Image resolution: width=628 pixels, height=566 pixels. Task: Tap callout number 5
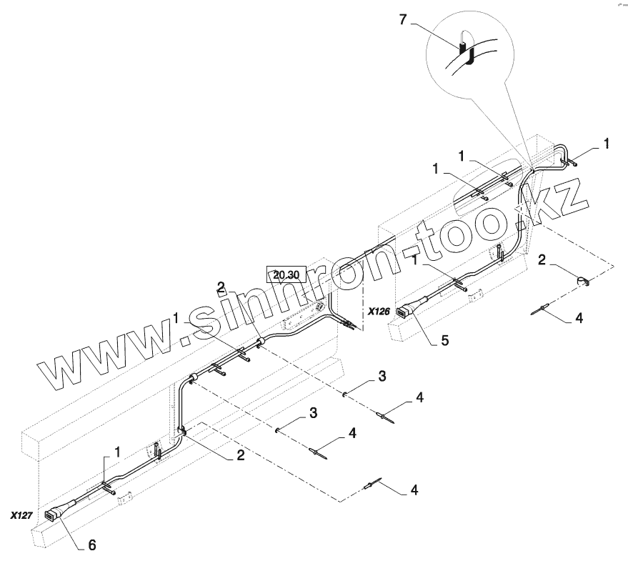(x=444, y=341)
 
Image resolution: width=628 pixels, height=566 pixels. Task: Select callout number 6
(x=91, y=545)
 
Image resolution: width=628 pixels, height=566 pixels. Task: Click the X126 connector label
(x=379, y=312)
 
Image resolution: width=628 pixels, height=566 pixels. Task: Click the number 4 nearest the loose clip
(x=579, y=319)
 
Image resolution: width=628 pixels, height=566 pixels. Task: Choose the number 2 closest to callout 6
(x=240, y=454)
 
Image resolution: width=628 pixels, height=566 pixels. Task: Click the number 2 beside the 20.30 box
(x=221, y=287)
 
